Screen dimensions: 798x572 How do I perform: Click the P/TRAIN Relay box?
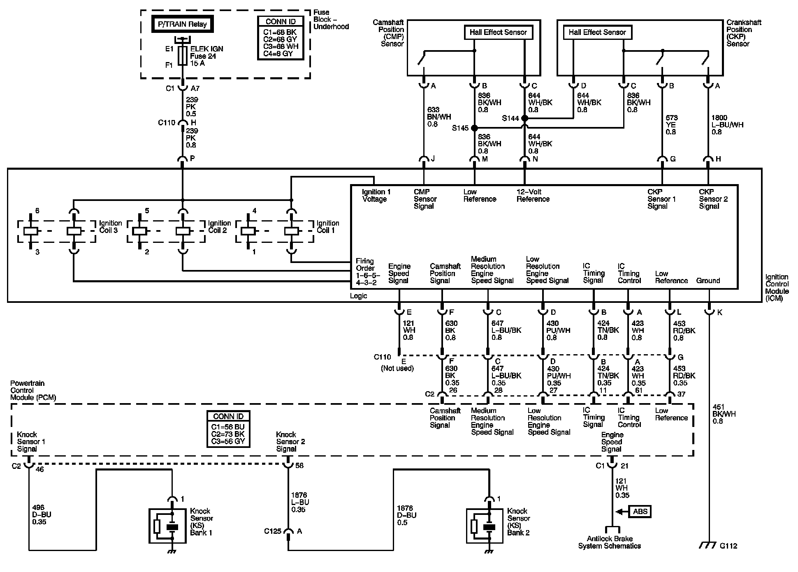[x=182, y=24]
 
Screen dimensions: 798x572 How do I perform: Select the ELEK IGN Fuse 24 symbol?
[x=183, y=55]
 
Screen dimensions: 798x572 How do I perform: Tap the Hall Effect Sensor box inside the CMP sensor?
[x=498, y=32]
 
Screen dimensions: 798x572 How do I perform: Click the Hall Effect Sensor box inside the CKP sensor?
[x=597, y=32]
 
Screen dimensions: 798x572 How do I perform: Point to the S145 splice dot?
[x=475, y=128]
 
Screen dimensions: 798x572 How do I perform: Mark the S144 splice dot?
[x=524, y=118]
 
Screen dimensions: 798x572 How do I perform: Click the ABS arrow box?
[x=640, y=512]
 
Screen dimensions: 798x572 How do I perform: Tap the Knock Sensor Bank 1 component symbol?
[x=167, y=526]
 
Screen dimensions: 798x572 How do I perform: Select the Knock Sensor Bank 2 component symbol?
[x=485, y=526]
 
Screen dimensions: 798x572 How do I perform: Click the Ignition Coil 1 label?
[x=328, y=227]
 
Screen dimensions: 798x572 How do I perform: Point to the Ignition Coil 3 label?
[x=110, y=227]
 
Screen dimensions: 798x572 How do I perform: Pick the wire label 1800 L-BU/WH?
[x=728, y=125]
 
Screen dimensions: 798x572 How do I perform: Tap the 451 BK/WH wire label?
[x=724, y=414]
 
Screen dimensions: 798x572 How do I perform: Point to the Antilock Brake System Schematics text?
[x=610, y=542]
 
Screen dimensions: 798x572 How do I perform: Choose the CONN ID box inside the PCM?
[x=228, y=429]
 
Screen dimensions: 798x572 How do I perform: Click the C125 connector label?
[x=273, y=531]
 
